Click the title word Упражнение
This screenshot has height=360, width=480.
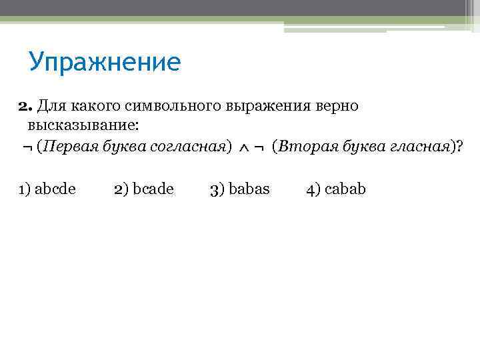tap(105, 62)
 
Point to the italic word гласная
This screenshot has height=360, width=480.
tap(418, 147)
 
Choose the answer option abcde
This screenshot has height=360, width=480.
tap(55, 189)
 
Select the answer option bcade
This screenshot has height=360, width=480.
tap(153, 189)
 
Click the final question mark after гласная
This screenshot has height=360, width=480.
tap(457, 147)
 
